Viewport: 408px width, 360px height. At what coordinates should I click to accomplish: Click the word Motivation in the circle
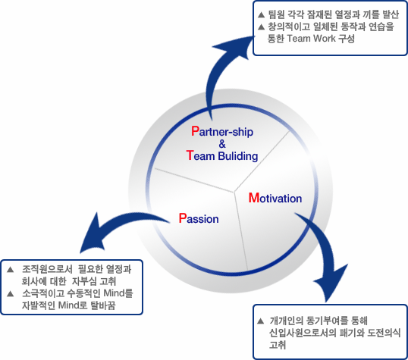point(275,198)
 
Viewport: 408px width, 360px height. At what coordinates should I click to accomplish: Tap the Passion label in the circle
point(199,218)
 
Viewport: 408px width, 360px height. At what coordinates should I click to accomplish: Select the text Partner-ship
point(222,132)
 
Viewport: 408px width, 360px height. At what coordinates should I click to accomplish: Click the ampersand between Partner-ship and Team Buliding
point(222,144)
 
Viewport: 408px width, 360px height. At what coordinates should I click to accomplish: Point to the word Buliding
point(238,156)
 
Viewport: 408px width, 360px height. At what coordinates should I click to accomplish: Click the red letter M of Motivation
point(254,198)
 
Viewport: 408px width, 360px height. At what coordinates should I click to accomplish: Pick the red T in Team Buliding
point(190,155)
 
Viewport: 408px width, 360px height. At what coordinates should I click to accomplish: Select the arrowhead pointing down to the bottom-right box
point(331,283)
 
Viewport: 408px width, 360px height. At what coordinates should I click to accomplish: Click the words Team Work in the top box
point(311,39)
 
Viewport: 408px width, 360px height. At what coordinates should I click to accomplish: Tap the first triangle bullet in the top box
point(261,15)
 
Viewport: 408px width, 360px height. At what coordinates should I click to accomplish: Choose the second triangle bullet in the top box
point(261,27)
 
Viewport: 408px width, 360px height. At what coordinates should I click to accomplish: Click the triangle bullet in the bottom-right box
point(260,321)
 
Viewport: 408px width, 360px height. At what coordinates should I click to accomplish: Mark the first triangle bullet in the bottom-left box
point(11,270)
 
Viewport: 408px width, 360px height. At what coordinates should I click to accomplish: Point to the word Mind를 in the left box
point(118,293)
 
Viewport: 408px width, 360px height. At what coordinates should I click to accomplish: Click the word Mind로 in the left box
point(73,305)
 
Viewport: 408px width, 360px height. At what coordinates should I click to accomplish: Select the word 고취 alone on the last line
point(278,345)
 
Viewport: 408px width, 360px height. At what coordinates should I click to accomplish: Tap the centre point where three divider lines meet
point(234,193)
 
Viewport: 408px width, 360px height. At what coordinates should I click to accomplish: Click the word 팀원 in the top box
point(276,14)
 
